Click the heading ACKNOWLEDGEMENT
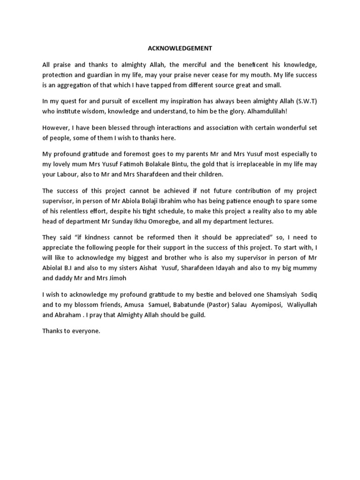click(180, 48)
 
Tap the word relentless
click(89, 211)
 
